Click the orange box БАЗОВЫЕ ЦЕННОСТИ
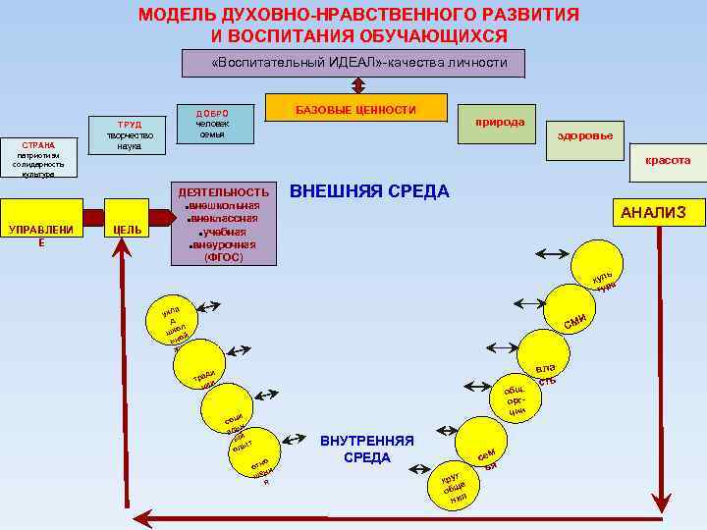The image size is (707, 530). (356, 108)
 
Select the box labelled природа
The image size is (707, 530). (500, 124)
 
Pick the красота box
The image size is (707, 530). (667, 159)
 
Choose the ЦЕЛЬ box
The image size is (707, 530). (129, 230)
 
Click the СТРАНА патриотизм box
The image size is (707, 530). (38, 157)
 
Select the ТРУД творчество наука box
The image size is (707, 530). (129, 134)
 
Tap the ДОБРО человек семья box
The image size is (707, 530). (212, 124)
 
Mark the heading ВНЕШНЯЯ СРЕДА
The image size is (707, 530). (370, 190)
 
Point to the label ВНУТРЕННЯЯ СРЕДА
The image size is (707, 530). (366, 450)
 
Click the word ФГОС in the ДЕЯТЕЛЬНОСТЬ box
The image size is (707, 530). (222, 258)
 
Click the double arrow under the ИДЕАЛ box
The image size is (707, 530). (358, 85)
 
